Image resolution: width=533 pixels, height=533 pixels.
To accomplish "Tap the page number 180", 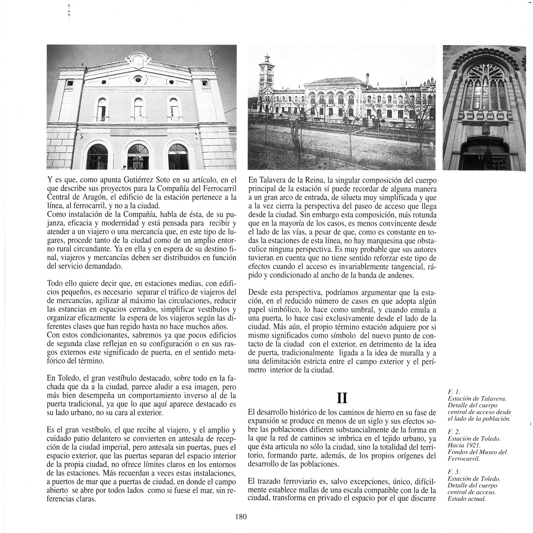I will pos(241,517).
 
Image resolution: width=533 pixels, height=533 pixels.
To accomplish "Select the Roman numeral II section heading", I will pos(342,398).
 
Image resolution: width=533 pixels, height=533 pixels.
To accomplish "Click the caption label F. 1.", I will pos(453,392).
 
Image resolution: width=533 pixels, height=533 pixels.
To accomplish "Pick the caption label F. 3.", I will pos(453,472).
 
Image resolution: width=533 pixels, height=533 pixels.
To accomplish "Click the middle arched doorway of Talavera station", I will pos(138,157).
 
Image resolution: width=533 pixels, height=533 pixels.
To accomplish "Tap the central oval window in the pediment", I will pos(138,79).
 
